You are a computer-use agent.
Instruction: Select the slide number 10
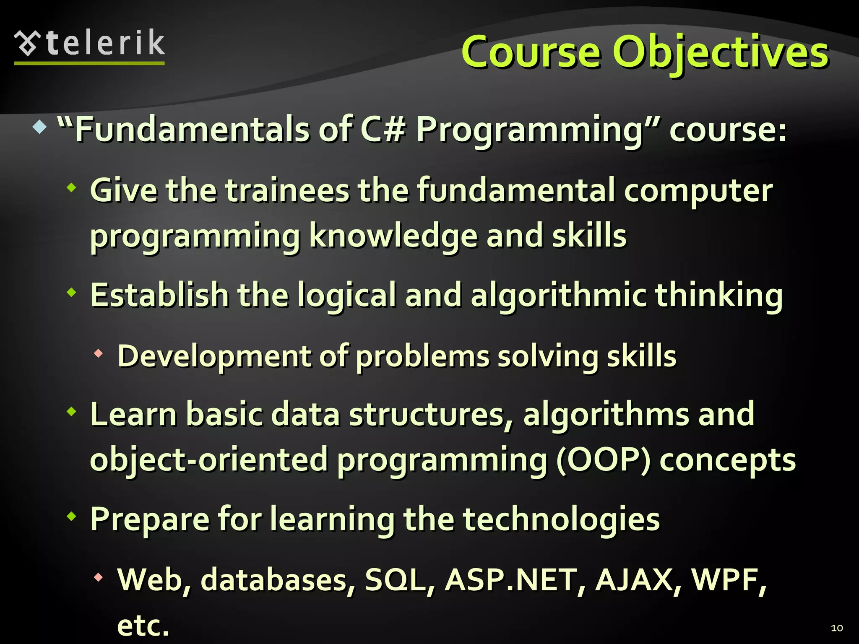836,628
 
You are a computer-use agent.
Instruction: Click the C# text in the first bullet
383,130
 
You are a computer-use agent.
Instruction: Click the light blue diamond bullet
39,127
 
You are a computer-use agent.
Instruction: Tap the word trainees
287,191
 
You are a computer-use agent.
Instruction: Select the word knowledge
393,236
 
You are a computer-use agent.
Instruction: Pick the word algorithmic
558,296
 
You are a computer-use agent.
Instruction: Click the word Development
213,356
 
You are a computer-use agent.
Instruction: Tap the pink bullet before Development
99,353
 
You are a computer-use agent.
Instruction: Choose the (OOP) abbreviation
603,459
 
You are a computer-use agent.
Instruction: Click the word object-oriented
209,460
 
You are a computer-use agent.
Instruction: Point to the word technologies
561,520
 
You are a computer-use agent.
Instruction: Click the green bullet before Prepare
72,517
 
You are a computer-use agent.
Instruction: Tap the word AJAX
634,580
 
